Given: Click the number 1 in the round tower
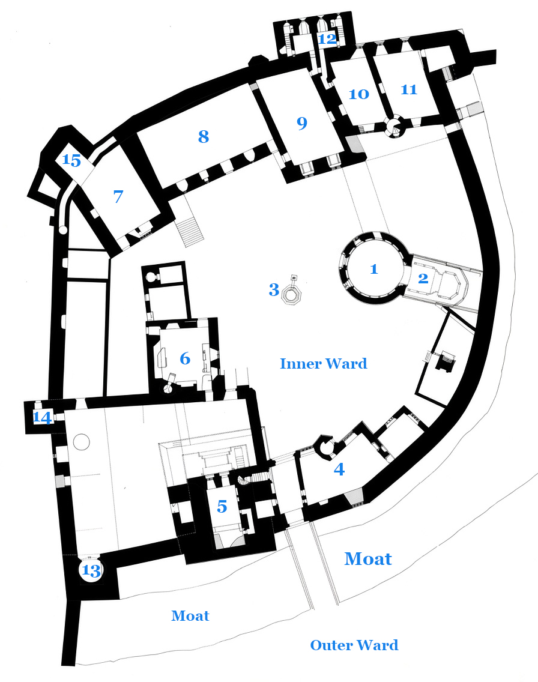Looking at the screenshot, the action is point(373,269).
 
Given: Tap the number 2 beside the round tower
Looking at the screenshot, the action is point(423,279).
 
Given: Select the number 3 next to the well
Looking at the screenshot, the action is point(274,290).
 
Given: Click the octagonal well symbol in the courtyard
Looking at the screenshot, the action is point(290,295).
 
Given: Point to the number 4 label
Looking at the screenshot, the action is point(339,469).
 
